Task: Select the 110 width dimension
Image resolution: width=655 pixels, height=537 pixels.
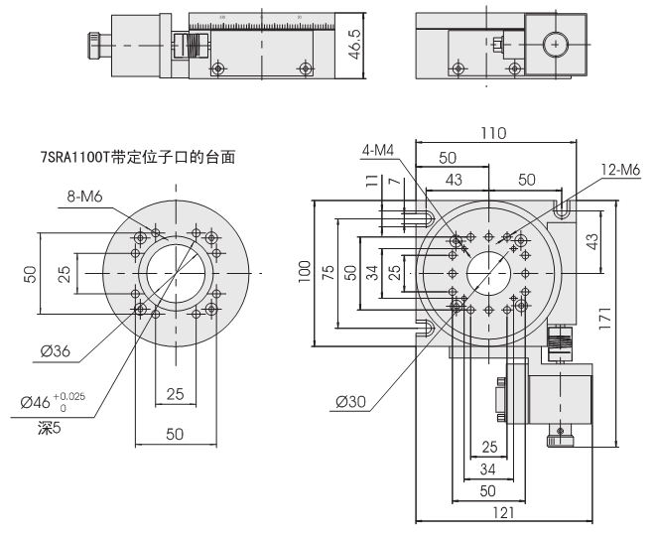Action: click(493, 133)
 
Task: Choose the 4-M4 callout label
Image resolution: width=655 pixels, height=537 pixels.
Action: click(377, 150)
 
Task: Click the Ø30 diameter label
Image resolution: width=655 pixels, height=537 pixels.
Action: click(352, 402)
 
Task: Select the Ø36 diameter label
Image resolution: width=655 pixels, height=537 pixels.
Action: click(55, 351)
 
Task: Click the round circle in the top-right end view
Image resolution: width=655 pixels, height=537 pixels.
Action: click(555, 44)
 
